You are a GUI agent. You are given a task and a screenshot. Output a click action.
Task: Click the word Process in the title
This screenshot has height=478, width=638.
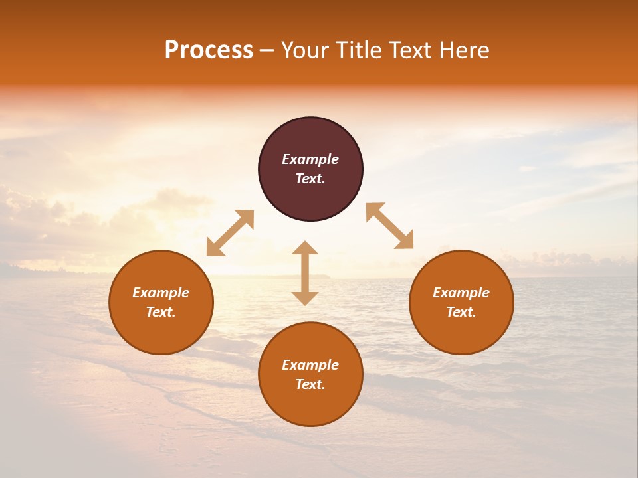[x=209, y=50]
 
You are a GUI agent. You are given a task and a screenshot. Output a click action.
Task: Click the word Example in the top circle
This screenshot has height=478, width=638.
[x=310, y=159]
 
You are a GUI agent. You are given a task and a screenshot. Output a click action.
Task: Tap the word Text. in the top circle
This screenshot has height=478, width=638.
[x=310, y=179]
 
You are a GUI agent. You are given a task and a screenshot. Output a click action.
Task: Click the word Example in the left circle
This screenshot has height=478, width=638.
[x=161, y=293]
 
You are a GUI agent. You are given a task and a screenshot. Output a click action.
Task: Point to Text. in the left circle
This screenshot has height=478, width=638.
[x=161, y=312]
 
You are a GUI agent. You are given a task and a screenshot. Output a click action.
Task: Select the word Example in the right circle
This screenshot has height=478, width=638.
[x=461, y=293]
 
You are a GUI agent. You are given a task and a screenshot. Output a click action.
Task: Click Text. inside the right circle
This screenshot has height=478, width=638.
[x=461, y=312]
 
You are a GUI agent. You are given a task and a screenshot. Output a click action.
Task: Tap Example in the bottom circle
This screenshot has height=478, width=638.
[x=310, y=365]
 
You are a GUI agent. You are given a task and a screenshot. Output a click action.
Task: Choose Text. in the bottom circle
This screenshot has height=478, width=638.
[x=310, y=384]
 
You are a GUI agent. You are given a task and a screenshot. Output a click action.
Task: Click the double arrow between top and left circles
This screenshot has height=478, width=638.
[x=230, y=233]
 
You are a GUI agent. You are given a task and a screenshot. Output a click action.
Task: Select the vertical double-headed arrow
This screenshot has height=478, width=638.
[x=305, y=273]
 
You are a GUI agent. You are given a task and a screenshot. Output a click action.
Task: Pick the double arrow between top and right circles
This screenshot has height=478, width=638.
[x=389, y=226]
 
